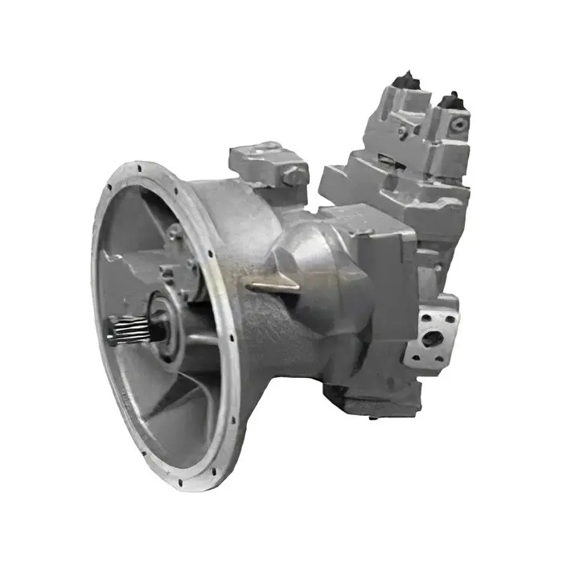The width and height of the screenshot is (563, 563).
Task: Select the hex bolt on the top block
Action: [x=294, y=174]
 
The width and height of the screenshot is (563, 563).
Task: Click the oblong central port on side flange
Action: [x=433, y=339]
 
